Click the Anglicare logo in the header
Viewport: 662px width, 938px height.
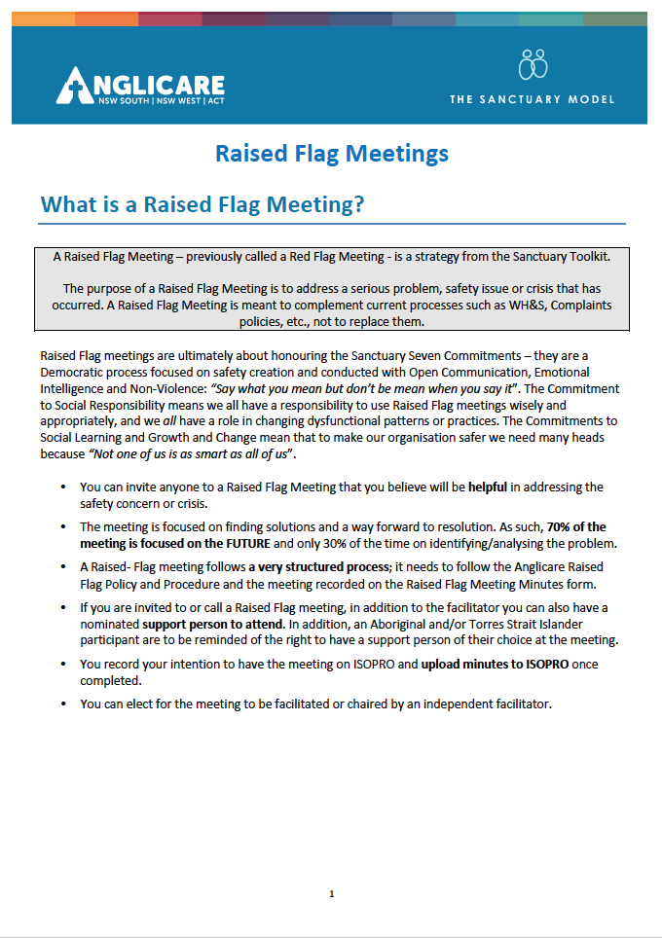pyautogui.click(x=141, y=88)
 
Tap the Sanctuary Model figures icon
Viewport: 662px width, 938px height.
pyautogui.click(x=533, y=64)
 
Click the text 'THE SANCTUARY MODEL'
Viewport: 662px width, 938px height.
pyautogui.click(x=532, y=99)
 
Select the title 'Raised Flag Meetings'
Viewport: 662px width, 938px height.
pyautogui.click(x=331, y=154)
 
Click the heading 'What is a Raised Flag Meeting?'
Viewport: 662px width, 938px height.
pyautogui.click(x=202, y=205)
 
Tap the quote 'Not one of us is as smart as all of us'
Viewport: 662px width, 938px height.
pyautogui.click(x=187, y=454)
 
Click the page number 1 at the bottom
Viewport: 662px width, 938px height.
pyautogui.click(x=332, y=893)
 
